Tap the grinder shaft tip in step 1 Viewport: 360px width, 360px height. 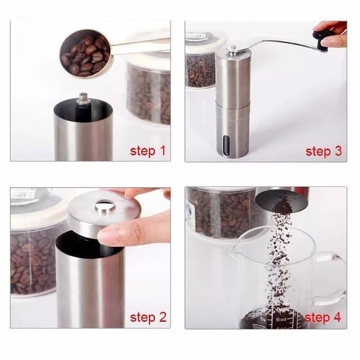point(84,98)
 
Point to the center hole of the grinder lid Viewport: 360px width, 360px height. point(104,204)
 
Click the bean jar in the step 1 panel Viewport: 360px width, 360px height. point(148,90)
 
